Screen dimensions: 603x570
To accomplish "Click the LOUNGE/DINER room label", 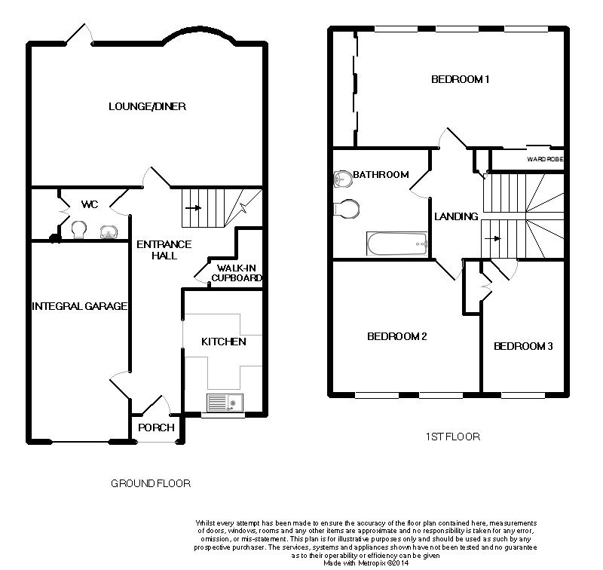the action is [147, 106].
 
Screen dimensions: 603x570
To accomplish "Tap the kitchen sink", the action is [225, 403].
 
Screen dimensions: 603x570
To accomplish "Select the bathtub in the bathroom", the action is [397, 244].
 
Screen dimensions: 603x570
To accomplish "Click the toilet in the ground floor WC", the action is [79, 229].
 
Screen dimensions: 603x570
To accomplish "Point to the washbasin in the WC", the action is [109, 232].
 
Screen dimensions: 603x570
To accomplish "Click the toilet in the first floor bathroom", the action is [347, 209].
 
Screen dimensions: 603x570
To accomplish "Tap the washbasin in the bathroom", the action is [343, 179].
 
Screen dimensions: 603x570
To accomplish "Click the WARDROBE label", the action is [545, 159].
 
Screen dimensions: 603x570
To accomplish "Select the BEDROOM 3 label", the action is [523, 346].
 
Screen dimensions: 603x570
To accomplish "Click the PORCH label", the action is [156, 427].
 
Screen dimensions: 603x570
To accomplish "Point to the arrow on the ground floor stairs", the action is [193, 208].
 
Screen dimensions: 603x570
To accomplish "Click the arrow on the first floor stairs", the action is [493, 238].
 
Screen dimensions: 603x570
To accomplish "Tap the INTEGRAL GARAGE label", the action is [79, 306].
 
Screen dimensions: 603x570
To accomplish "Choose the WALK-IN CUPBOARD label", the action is [237, 273].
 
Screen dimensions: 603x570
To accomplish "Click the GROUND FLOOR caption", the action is [151, 483].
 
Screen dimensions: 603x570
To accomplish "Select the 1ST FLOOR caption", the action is [453, 437].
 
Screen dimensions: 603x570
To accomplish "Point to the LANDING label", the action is [456, 216].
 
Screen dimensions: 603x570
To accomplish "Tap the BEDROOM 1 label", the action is [460, 80].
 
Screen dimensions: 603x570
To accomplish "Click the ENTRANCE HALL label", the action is [164, 250].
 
